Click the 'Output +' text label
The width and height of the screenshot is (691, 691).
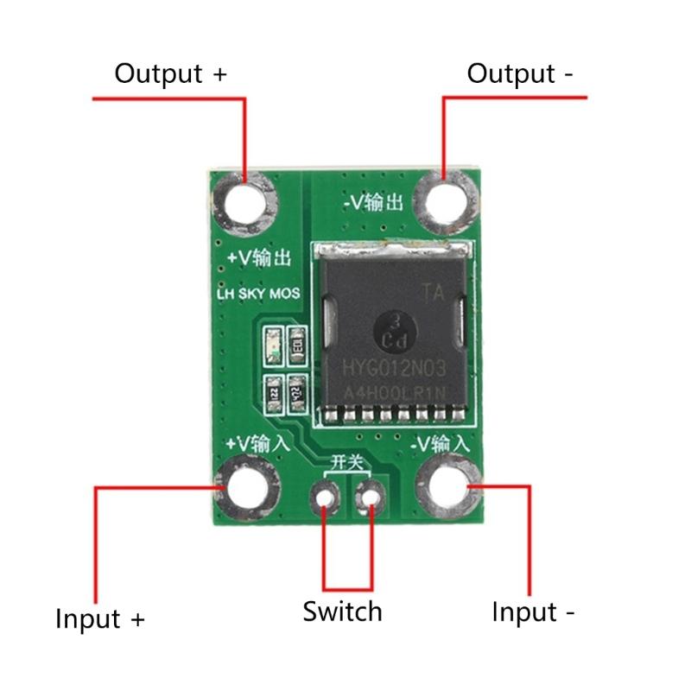tap(170, 74)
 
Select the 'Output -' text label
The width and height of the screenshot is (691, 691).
tap(520, 74)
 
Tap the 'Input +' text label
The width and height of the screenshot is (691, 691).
tap(100, 619)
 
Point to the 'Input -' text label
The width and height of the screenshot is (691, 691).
tap(533, 612)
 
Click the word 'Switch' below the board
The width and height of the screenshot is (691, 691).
tap(342, 612)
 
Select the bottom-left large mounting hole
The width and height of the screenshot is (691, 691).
tap(246, 489)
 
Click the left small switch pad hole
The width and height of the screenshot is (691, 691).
tap(325, 498)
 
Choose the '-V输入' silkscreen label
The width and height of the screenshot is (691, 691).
tap(441, 445)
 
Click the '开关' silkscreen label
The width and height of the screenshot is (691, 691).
tap(346, 464)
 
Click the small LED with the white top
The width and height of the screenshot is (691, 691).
tap(274, 344)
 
